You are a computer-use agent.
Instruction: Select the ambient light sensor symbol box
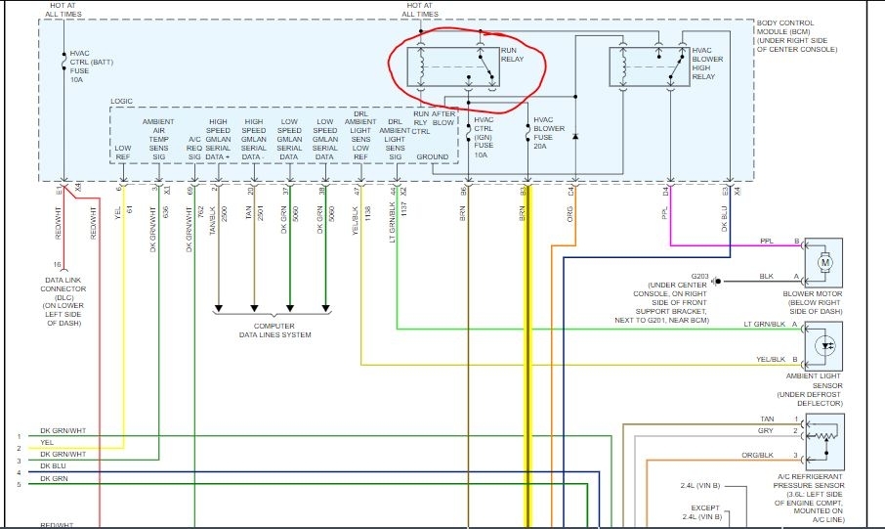click(824, 344)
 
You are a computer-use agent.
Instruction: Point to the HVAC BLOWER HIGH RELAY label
click(710, 63)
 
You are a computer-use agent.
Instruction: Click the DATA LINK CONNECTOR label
click(60, 292)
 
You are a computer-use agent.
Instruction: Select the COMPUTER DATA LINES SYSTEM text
click(282, 331)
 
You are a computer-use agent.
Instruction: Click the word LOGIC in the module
click(122, 100)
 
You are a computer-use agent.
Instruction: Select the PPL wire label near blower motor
click(767, 241)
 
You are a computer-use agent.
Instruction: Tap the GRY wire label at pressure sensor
click(767, 430)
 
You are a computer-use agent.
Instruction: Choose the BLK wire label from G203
click(767, 277)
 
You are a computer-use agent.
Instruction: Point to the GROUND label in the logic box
click(432, 156)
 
